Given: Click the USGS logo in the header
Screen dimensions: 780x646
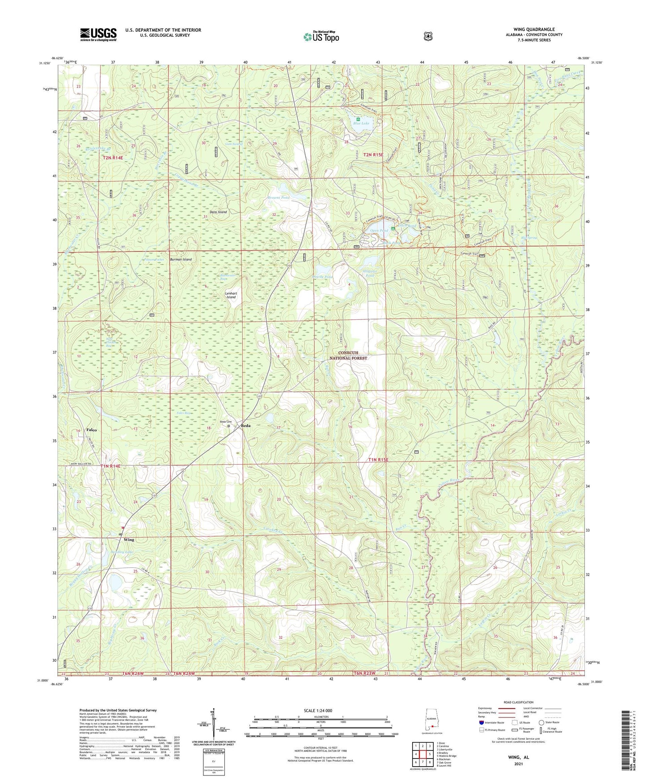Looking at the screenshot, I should tap(98, 34).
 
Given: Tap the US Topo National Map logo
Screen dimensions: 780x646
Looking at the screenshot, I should tap(321, 36).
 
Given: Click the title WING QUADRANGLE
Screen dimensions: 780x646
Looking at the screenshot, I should tap(534, 29).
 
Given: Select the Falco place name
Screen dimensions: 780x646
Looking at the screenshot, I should tap(91, 430).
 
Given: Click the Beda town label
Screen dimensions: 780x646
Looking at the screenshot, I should tap(245, 426).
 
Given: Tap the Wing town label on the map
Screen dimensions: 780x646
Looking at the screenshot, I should tap(129, 540).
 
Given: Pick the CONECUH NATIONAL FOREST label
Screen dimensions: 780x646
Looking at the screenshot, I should tap(348, 356).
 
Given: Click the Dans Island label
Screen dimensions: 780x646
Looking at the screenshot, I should tap(218, 212).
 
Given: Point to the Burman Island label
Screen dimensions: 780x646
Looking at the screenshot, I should tap(180, 259).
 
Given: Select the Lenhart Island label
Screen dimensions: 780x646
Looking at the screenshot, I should tap(231, 295).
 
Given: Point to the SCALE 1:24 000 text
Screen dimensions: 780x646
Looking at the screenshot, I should tap(318, 711).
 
